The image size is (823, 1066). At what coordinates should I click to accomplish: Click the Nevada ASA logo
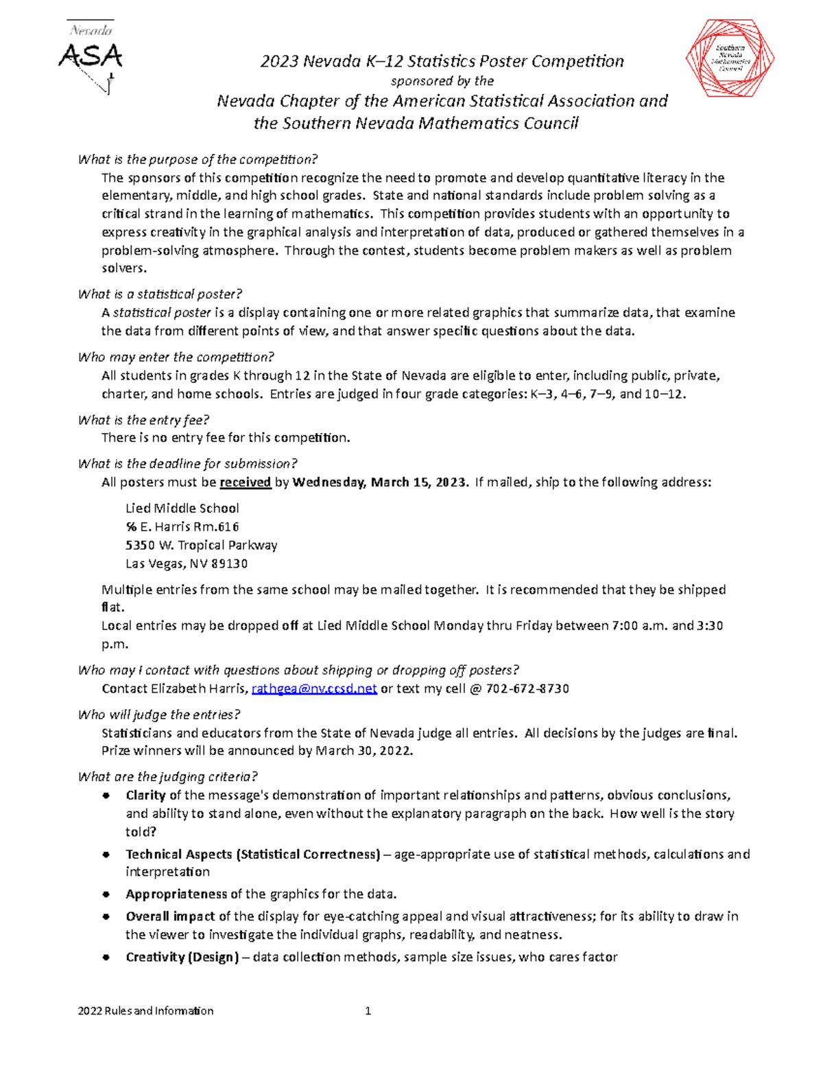(91, 56)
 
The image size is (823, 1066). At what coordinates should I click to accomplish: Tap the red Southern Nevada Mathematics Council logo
(730, 58)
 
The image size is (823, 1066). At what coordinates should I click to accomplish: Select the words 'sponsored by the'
(442, 81)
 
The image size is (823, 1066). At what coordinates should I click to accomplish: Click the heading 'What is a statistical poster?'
(160, 294)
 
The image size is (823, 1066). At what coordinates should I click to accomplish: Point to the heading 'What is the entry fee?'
(143, 420)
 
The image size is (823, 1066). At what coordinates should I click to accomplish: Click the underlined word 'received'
(245, 483)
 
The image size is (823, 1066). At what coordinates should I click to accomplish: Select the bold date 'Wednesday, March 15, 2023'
(380, 483)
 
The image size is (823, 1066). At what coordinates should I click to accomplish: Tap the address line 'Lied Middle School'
(182, 509)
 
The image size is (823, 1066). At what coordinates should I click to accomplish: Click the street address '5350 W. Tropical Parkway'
(201, 546)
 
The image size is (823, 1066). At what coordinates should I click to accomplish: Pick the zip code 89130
(230, 564)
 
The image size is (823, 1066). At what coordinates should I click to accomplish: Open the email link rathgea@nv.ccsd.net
(314, 689)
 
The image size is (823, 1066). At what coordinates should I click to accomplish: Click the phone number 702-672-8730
(527, 689)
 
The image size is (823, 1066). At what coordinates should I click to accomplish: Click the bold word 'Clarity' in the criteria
(145, 796)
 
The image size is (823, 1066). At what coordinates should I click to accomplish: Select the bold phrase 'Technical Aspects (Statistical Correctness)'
(252, 855)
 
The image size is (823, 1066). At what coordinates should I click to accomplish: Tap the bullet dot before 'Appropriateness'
(106, 894)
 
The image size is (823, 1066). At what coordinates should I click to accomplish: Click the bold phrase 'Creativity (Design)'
(182, 958)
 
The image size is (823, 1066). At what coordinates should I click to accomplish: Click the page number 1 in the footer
(368, 1011)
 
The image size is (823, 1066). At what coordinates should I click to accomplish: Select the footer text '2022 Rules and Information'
(145, 1011)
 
